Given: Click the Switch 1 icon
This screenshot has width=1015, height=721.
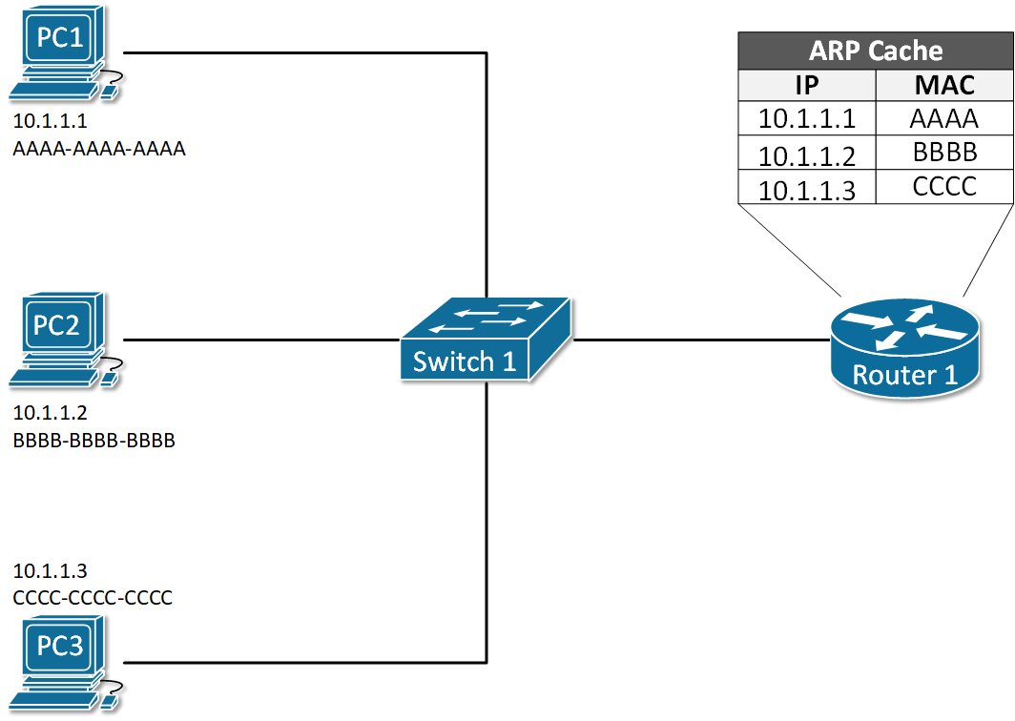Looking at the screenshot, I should (x=486, y=340).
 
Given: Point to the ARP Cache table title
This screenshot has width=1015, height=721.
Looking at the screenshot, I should (x=875, y=51).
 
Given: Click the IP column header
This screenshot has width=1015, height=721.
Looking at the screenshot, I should (x=806, y=86).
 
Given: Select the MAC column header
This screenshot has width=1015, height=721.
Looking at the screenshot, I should (x=944, y=86).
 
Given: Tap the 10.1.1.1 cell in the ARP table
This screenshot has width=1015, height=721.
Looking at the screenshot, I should (x=806, y=119).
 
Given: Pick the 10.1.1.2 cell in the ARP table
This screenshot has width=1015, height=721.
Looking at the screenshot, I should (x=806, y=154).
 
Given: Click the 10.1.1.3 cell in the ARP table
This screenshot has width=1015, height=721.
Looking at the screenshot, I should (x=806, y=188).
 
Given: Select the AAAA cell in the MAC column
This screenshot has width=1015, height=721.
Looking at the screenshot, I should (x=944, y=119).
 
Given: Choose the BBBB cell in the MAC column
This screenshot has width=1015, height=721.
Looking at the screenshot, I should (x=944, y=153).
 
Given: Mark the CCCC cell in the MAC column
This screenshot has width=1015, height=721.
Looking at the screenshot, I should (x=944, y=186).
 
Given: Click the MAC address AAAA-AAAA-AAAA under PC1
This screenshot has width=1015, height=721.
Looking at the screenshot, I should (x=99, y=150).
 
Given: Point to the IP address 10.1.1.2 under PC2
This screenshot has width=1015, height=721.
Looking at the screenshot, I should (x=50, y=414).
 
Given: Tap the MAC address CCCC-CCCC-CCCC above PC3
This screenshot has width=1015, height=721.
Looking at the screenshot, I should (x=93, y=598).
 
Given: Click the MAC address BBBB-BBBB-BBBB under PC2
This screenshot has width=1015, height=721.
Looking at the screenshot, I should (x=94, y=441).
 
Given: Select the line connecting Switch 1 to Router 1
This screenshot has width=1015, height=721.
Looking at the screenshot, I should (x=701, y=340).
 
